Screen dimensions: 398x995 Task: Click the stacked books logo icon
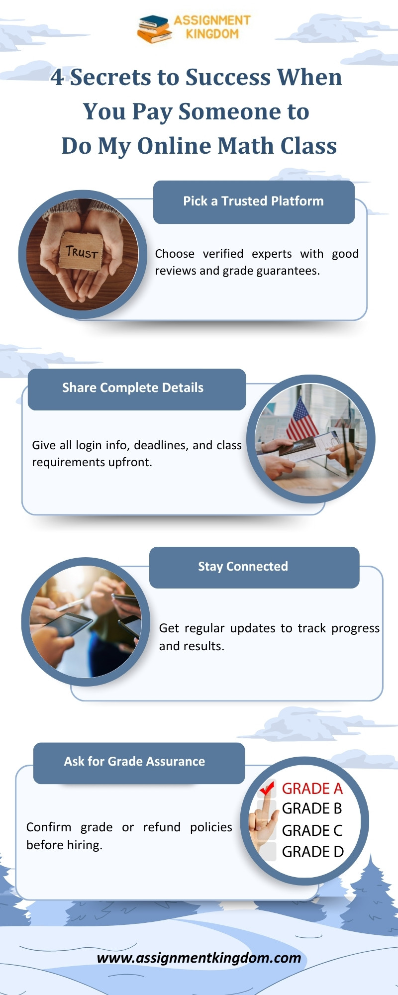(x=155, y=28)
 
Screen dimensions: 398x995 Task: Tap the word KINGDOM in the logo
(x=212, y=34)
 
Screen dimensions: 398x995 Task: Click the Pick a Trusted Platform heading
(x=253, y=201)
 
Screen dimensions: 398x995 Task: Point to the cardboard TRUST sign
(x=82, y=251)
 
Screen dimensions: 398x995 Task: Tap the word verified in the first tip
(x=223, y=254)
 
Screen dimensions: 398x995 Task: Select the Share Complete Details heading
(x=133, y=388)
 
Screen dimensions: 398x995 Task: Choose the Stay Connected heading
(x=243, y=567)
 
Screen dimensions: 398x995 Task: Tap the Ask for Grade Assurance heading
(x=134, y=761)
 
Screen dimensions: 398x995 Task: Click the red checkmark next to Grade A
(x=267, y=788)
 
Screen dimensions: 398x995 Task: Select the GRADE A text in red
(x=312, y=789)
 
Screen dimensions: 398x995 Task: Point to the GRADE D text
(x=313, y=852)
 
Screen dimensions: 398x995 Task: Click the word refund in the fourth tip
(x=162, y=827)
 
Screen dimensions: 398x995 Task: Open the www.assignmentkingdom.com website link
(x=199, y=958)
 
